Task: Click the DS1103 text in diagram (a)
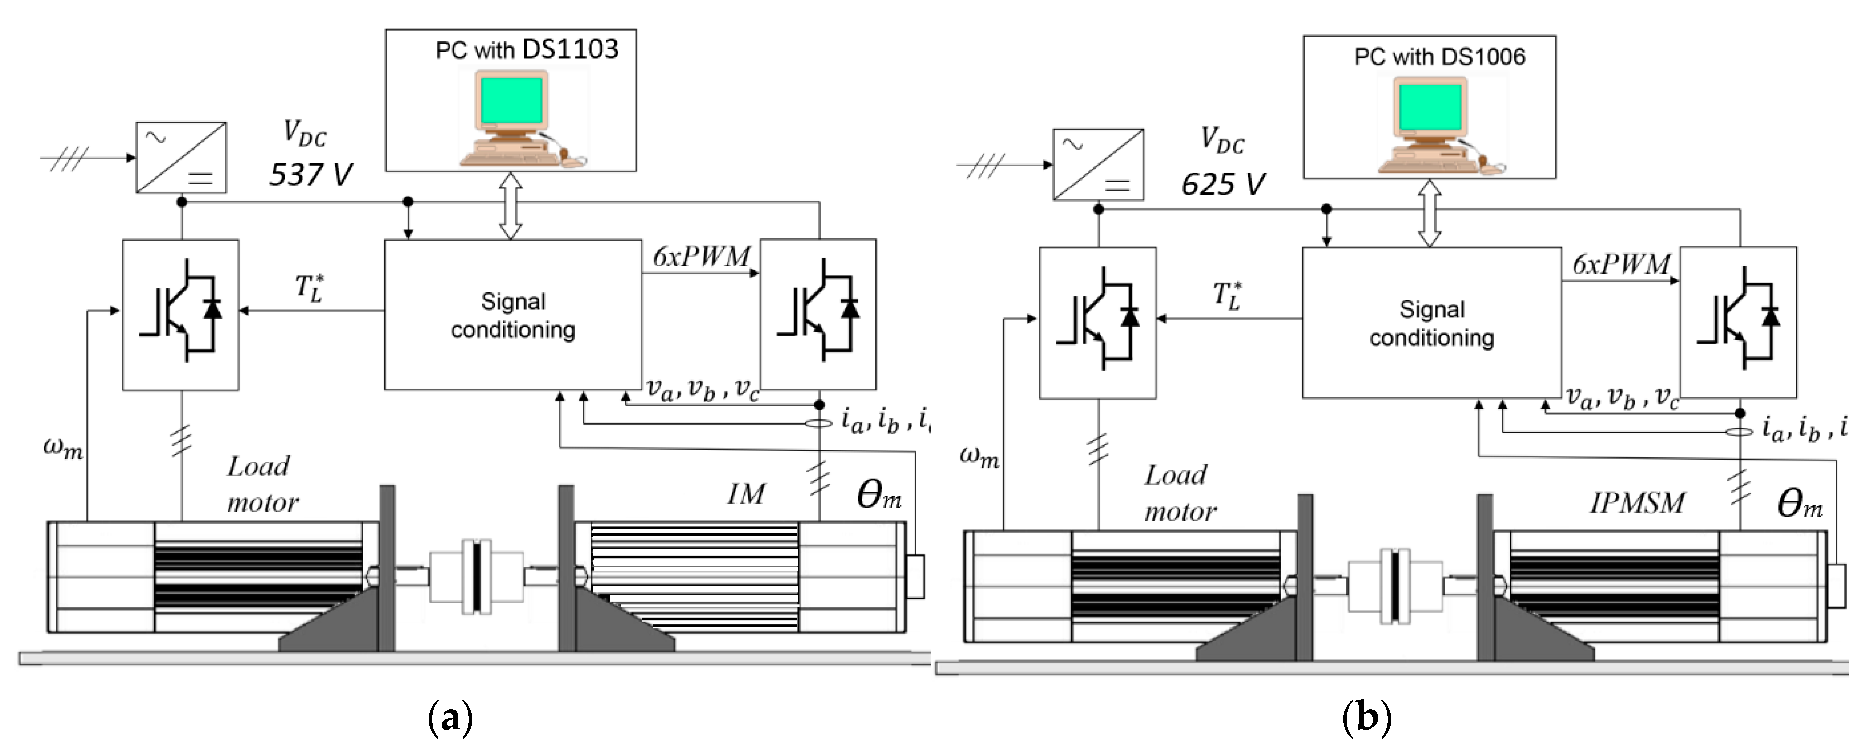coord(571,49)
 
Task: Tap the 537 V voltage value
coord(311,174)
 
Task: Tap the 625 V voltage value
coord(1223,184)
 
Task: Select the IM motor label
coord(746,494)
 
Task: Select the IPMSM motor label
coord(1638,503)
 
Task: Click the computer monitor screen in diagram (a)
coord(511,100)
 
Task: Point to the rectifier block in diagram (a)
coord(182,158)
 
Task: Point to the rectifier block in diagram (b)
coord(1098,165)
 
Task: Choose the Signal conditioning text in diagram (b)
coord(1432,323)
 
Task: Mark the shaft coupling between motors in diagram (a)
coord(476,575)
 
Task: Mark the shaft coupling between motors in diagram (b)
coord(1394,585)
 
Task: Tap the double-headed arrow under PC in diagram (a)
coord(511,205)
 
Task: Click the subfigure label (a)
coord(451,717)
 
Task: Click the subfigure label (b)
coord(1368,717)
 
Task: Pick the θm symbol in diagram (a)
coord(879,496)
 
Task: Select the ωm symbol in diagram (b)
coord(979,456)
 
